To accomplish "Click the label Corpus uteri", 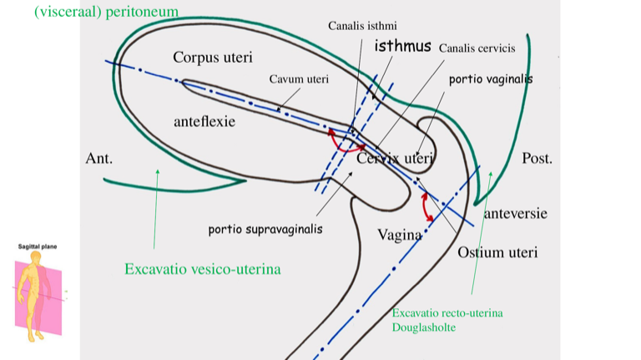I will pos(213,58).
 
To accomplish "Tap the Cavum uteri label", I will pos(299,79).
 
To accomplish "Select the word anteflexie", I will pos(204,121).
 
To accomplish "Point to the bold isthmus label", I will pos(402,46).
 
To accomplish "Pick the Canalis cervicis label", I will pos(477,48).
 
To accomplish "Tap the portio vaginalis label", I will pos(491,79).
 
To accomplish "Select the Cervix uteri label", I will pos(395,158).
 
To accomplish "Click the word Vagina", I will pos(400,235).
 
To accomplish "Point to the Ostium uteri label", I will pos(497,252).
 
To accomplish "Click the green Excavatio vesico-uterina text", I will pos(202,270).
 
